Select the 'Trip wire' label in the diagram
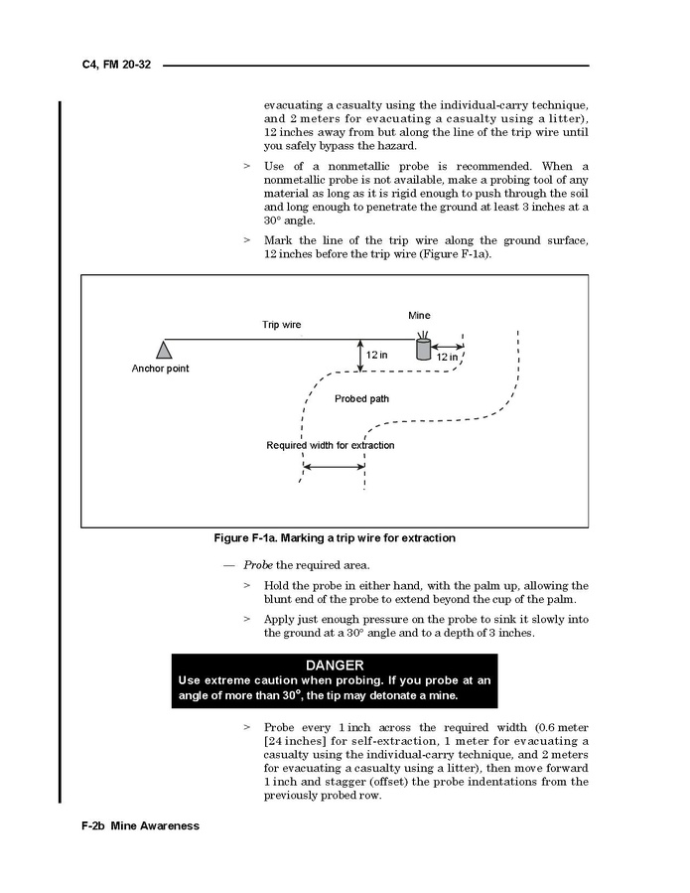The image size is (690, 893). pyautogui.click(x=281, y=325)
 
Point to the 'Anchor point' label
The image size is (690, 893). pyautogui.click(x=160, y=369)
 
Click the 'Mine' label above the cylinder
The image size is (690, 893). pyautogui.click(x=419, y=315)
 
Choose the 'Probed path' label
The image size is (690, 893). pyautogui.click(x=361, y=398)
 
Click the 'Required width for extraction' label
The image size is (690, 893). pyautogui.click(x=330, y=445)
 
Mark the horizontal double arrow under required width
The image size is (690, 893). pyautogui.click(x=334, y=467)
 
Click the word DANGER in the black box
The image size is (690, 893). pyautogui.click(x=335, y=665)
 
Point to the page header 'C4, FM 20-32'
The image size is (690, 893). pyautogui.click(x=118, y=66)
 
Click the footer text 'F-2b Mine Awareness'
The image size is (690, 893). pyautogui.click(x=140, y=825)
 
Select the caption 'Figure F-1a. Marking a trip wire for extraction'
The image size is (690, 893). pyautogui.click(x=335, y=538)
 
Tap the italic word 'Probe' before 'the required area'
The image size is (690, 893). pyautogui.click(x=258, y=565)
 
